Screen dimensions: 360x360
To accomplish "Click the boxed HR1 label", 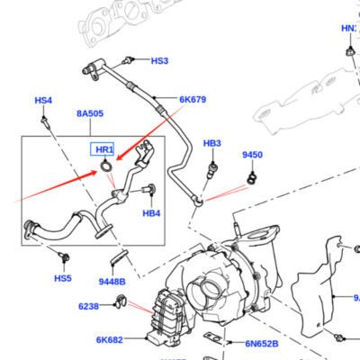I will click(x=103, y=149).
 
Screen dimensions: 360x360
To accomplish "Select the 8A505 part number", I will click(x=89, y=113).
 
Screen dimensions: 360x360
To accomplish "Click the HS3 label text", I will click(x=159, y=61).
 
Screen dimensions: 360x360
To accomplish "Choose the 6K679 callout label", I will click(x=193, y=99).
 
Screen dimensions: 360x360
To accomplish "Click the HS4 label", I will click(x=43, y=100).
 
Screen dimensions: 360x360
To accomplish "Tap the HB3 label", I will click(x=211, y=143).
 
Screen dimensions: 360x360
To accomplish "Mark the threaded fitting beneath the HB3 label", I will click(x=212, y=168).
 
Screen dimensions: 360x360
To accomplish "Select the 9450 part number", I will click(x=252, y=155).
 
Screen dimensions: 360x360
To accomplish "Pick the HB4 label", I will click(x=151, y=213).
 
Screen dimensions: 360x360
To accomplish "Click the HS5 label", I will click(x=62, y=278).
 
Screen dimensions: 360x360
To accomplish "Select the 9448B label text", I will click(x=112, y=282).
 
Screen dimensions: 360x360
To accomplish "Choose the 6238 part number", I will click(x=88, y=306).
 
